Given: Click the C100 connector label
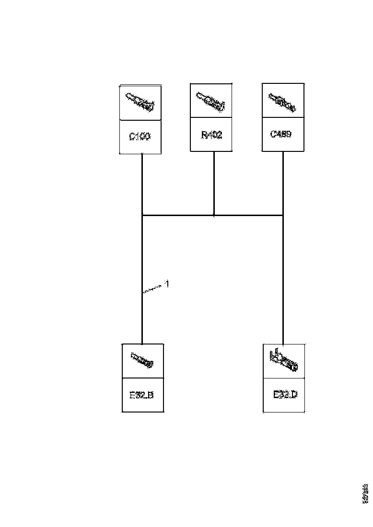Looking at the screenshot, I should (x=140, y=137).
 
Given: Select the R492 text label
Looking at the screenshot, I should (x=211, y=135).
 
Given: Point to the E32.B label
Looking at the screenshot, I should (x=142, y=396).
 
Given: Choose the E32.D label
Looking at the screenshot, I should (x=285, y=395).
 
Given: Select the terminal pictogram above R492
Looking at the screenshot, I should (x=211, y=101).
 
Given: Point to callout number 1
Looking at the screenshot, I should (x=166, y=284).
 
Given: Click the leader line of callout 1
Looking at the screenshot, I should (x=153, y=289).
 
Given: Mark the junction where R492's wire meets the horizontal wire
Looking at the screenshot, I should (x=214, y=216).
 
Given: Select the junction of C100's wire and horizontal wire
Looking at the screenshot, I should (x=142, y=216).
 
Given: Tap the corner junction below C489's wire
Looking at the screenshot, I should (x=283, y=216).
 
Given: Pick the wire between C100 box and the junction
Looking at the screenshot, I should (x=142, y=184).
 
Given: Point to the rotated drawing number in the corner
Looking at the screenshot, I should (x=366, y=493).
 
